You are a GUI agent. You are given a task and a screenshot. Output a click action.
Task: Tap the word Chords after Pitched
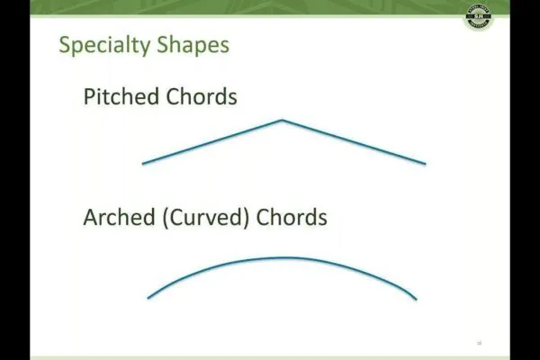(201, 96)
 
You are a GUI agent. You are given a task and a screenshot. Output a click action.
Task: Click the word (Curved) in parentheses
(206, 219)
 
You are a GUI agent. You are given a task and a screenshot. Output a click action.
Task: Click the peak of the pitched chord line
(282, 120)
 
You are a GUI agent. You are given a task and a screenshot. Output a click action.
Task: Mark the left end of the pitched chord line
(143, 163)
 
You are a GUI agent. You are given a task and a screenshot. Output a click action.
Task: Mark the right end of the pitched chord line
(425, 164)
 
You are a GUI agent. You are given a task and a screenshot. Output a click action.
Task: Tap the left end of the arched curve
(149, 298)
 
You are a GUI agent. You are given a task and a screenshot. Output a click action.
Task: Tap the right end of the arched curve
(416, 300)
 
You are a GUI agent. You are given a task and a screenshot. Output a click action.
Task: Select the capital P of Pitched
(89, 96)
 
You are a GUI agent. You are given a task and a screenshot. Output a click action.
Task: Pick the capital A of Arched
(90, 218)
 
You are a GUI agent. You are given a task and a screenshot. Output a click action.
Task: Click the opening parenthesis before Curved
(166, 219)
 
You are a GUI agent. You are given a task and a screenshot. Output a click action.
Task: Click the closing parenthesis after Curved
(247, 219)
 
